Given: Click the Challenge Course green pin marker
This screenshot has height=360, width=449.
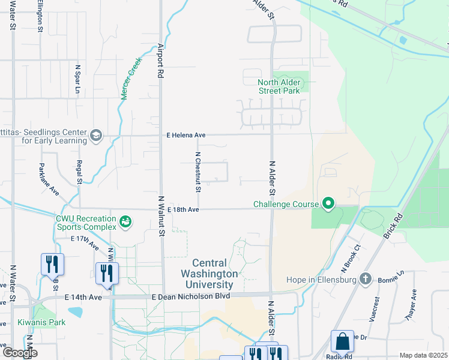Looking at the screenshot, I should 328,204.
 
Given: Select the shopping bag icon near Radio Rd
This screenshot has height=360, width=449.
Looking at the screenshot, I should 342,341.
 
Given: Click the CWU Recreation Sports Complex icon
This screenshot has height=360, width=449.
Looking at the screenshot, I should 125,222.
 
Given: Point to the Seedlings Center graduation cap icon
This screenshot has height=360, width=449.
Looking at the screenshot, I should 96,136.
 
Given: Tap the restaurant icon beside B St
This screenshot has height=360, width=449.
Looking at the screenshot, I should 52,264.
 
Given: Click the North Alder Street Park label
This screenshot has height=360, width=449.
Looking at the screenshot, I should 279,87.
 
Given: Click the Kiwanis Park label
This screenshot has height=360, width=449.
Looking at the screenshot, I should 41,322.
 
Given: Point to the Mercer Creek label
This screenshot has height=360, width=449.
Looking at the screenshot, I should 130,79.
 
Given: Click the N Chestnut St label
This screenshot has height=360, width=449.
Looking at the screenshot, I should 197,172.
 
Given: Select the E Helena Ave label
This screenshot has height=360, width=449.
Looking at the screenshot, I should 186,136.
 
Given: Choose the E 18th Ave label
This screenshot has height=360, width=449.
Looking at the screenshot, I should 183,209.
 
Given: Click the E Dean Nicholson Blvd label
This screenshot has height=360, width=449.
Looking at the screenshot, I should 191,296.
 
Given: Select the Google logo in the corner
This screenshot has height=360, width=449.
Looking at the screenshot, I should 19,353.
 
